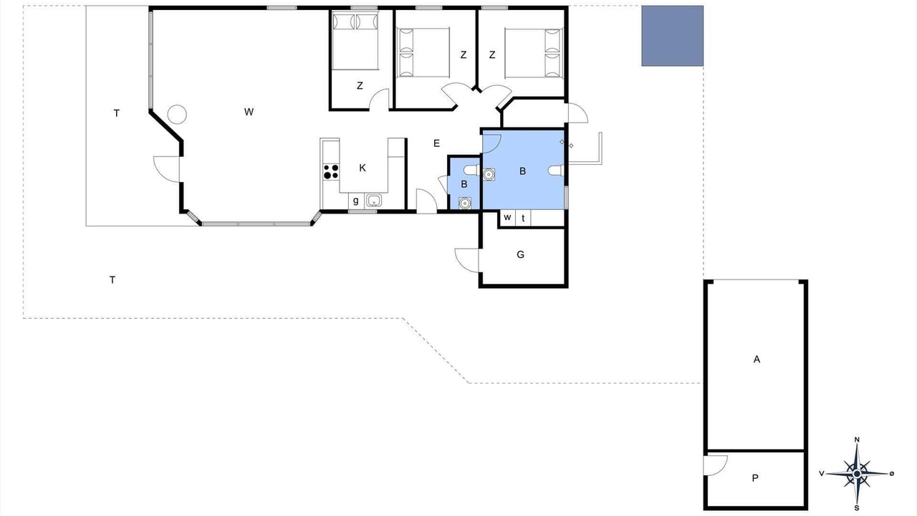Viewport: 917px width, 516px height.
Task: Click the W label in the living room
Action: (249, 112)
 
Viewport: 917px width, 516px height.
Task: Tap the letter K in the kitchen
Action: (363, 168)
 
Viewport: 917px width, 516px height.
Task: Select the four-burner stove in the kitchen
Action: (331, 171)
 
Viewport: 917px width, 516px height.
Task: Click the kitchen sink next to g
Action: (374, 201)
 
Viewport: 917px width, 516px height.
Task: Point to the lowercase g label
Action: (356, 201)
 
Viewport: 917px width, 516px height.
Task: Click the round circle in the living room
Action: (177, 114)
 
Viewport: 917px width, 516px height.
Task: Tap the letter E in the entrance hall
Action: (436, 143)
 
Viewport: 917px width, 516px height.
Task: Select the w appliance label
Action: (507, 217)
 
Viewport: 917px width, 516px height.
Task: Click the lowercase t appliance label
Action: (523, 219)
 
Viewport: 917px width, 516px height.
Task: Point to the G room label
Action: (520, 254)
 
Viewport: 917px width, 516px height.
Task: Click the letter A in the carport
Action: (757, 359)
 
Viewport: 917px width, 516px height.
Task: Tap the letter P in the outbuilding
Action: (755, 478)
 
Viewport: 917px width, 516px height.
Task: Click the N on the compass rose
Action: (857, 440)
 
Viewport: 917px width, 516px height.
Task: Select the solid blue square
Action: (672, 36)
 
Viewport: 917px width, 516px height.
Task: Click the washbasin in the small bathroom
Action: (464, 203)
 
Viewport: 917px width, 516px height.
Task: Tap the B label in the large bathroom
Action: (522, 171)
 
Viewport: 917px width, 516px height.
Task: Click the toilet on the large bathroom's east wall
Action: (557, 171)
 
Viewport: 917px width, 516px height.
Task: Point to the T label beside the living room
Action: (117, 113)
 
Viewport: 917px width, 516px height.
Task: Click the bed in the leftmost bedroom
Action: (355, 41)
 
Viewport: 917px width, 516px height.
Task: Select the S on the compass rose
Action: (857, 508)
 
